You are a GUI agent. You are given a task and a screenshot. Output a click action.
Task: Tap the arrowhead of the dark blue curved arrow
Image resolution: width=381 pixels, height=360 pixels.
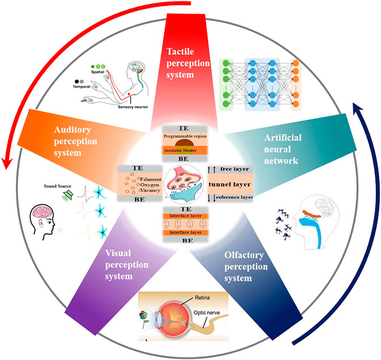358,108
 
